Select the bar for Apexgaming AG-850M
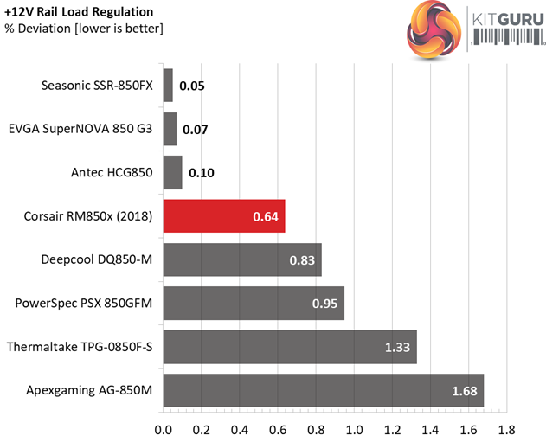323,390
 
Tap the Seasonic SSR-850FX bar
168,86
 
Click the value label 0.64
266,216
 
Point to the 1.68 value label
465,391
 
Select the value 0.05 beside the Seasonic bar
192,86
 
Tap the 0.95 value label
325,304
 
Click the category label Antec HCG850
112,172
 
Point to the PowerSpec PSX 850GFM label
84,303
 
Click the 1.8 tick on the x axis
506,429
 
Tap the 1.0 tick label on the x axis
354,429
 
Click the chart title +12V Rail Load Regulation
78,12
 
